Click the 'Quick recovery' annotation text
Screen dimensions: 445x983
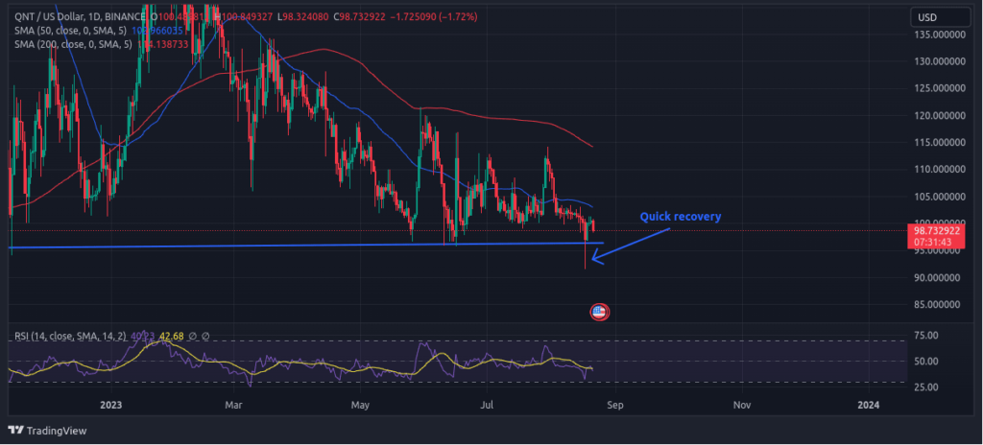pyautogui.click(x=680, y=217)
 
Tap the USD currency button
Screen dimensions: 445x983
pyautogui.click(x=928, y=18)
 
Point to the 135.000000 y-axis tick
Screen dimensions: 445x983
pyautogui.click(x=939, y=35)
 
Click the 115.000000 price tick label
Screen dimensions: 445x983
pyautogui.click(x=939, y=142)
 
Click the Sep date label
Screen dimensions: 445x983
pyautogui.click(x=614, y=405)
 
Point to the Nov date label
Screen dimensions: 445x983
pyautogui.click(x=741, y=405)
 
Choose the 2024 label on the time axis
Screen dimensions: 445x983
pyautogui.click(x=868, y=405)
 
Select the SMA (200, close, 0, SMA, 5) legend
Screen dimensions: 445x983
pyautogui.click(x=72, y=45)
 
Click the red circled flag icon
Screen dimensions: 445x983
pyautogui.click(x=599, y=312)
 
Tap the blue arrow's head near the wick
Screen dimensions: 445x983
pyautogui.click(x=595, y=258)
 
